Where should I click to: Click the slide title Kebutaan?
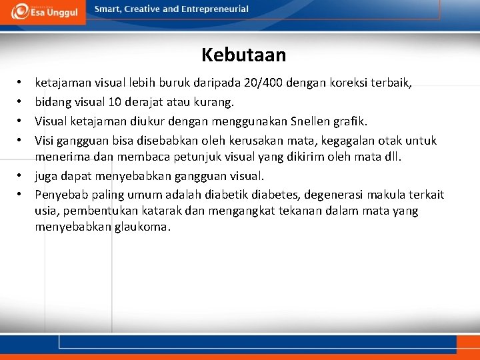pos(243,55)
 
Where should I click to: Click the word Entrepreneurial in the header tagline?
pos(216,9)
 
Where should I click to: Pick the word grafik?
pos(349,121)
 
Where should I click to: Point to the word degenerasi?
pos(337,195)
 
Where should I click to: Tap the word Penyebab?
pos(58,195)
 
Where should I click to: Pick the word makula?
pos(393,195)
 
